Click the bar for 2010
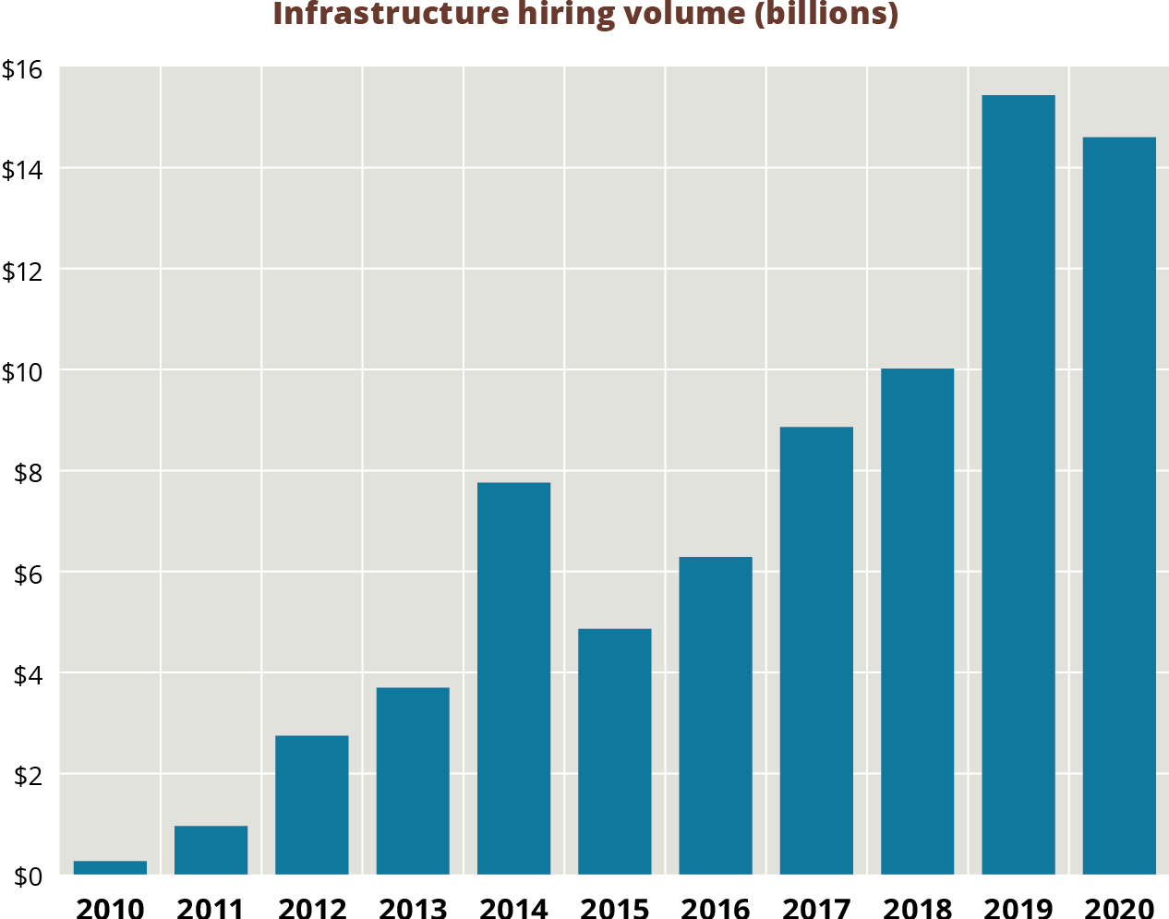click(110, 867)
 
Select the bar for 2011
click(211, 850)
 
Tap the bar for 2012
click(312, 804)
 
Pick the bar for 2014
click(513, 678)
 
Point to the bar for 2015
click(614, 751)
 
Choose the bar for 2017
click(816, 650)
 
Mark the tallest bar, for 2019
click(1018, 484)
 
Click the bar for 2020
click(1119, 505)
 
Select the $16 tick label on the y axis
click(22, 69)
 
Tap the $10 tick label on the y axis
click(22, 372)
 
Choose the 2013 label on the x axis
click(413, 909)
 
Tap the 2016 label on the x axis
click(716, 909)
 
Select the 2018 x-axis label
click(917, 909)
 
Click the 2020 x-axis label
click(1119, 909)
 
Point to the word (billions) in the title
click(827, 15)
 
